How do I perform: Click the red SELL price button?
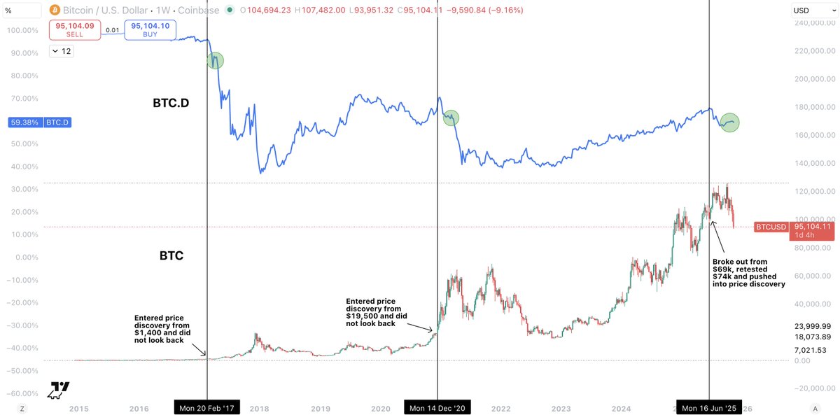coord(74,30)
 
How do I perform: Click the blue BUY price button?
coord(150,30)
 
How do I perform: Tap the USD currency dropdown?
coord(812,10)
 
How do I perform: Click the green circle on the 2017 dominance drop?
coord(216,60)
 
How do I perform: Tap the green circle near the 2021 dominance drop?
coord(451,118)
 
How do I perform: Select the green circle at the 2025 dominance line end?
coord(730,123)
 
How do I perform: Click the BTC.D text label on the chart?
coord(171,103)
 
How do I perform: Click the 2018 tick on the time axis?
coord(260,408)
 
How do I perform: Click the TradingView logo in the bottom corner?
coord(59,391)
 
